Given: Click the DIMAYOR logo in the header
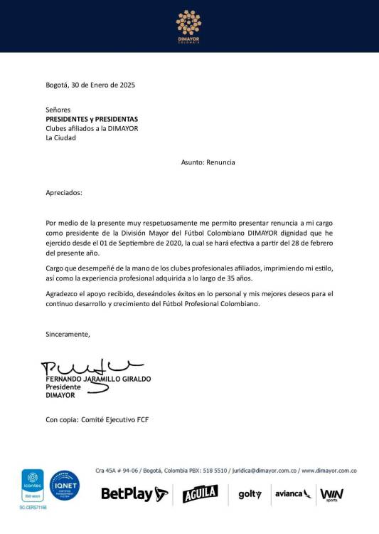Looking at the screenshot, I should point(188,26).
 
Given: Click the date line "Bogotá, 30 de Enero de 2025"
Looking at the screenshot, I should point(90,85).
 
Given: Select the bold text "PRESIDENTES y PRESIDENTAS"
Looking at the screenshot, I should point(92,119).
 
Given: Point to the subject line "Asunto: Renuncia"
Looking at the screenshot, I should point(208,162).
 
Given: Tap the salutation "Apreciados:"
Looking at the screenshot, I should point(64,193).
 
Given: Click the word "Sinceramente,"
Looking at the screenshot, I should point(68,334).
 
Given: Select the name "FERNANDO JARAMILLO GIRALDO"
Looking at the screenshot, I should point(98,379).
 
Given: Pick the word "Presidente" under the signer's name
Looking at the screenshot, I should point(63,387).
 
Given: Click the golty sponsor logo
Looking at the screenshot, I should point(250,494).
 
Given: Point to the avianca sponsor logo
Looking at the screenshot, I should point(293,493).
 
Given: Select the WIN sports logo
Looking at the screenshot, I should point(332,494).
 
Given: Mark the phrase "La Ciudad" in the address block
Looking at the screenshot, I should point(60,138).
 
